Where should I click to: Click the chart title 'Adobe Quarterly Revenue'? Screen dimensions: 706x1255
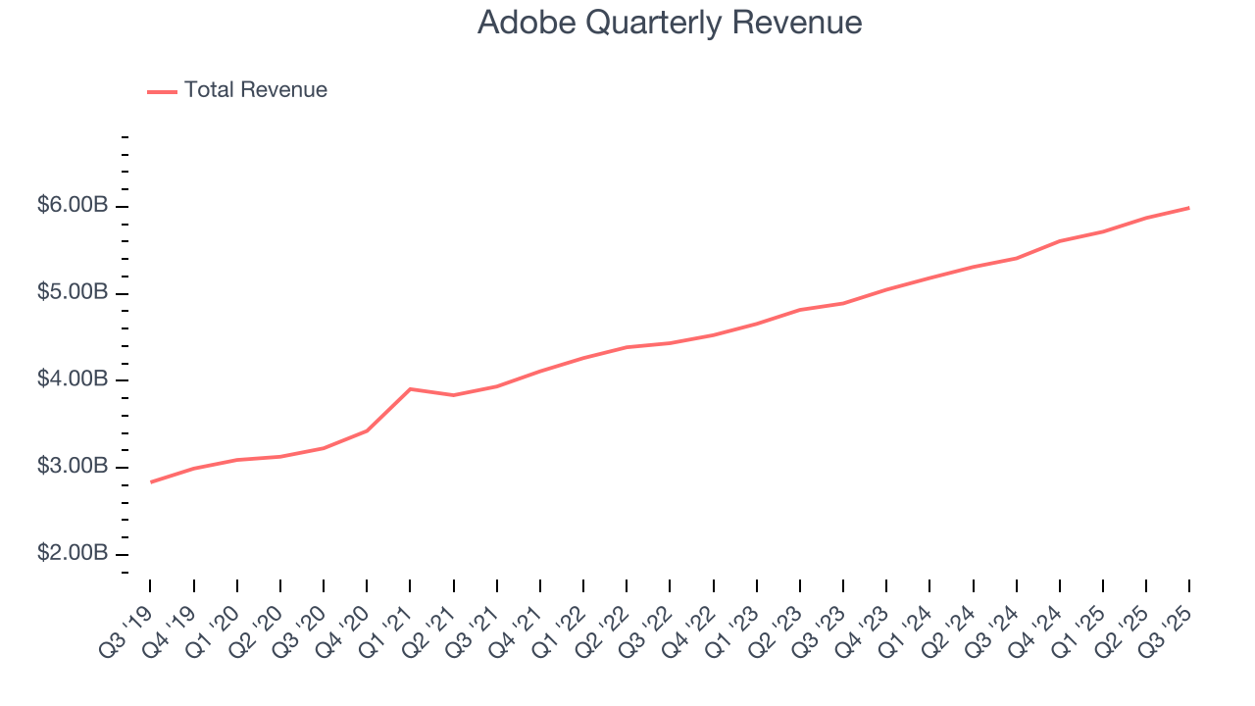tap(670, 23)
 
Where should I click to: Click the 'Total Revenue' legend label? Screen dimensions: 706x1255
tap(255, 90)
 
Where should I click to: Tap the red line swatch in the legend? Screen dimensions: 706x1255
tap(162, 91)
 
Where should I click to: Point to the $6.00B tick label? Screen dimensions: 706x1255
tap(73, 206)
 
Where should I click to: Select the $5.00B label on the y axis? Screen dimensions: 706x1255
tap(73, 293)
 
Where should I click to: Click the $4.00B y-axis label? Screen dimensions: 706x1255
tap(73, 379)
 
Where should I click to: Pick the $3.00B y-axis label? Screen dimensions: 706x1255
tap(73, 467)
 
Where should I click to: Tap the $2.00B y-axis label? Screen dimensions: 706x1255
tap(73, 554)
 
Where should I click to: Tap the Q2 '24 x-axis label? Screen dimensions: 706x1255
tap(952, 620)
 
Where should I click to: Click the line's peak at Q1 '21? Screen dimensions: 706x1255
tap(410, 389)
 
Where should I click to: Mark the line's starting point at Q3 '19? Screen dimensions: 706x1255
tap(151, 481)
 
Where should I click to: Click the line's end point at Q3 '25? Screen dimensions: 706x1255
tap(1189, 208)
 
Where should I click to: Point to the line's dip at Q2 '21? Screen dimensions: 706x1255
tap(453, 395)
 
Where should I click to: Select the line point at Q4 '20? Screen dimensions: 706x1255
tap(367, 430)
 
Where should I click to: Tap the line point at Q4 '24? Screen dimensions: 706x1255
tap(1060, 240)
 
